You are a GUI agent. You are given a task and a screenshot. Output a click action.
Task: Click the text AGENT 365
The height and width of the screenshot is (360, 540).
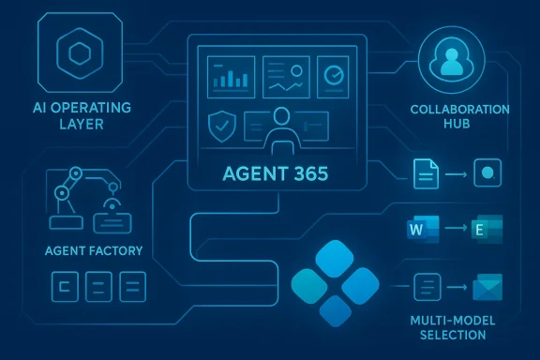tap(276, 174)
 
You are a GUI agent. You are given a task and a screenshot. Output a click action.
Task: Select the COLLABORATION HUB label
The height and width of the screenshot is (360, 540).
tap(459, 117)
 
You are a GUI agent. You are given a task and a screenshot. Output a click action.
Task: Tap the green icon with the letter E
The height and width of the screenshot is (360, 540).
tap(487, 230)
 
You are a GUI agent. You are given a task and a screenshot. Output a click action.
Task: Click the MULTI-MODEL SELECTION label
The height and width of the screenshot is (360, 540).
tap(453, 329)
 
